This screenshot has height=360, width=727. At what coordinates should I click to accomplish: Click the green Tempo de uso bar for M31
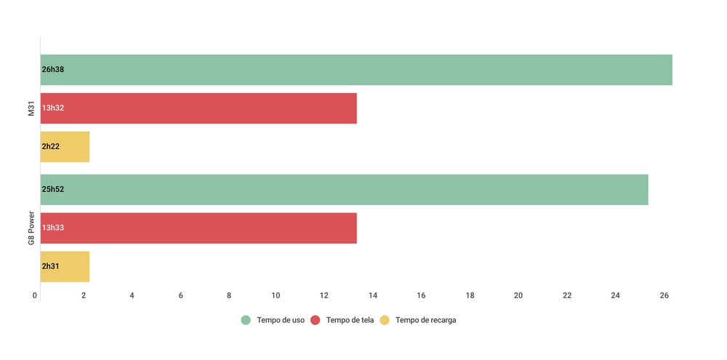coord(356,70)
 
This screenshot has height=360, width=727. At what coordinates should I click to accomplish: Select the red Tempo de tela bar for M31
coord(198,108)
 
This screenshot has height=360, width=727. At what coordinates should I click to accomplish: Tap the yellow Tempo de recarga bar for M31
coord(65,147)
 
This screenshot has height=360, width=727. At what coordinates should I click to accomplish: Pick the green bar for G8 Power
coord(345,190)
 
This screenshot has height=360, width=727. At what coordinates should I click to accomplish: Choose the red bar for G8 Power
coord(198,228)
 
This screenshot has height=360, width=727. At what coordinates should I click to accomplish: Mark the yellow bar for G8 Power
coord(65,267)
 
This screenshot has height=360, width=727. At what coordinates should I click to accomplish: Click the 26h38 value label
coord(53,70)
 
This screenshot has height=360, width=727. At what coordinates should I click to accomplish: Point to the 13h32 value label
coord(53,108)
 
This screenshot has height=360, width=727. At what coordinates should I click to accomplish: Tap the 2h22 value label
coord(51,147)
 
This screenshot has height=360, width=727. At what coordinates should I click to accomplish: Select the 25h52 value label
coord(53,190)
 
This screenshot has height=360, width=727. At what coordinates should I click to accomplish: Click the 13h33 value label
coord(53,228)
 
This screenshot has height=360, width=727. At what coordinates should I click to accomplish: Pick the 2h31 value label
coord(51,267)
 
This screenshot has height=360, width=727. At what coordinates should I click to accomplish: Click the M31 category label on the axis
coord(31,108)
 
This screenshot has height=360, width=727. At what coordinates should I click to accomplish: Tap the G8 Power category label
coord(31,228)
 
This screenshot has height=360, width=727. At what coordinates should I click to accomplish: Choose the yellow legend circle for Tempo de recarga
coord(385,320)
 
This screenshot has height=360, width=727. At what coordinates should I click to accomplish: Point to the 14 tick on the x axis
coord(373,295)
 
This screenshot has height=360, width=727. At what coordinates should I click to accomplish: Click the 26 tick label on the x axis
coord(664,295)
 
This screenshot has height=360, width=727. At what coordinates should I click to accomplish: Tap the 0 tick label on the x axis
coord(35,295)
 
